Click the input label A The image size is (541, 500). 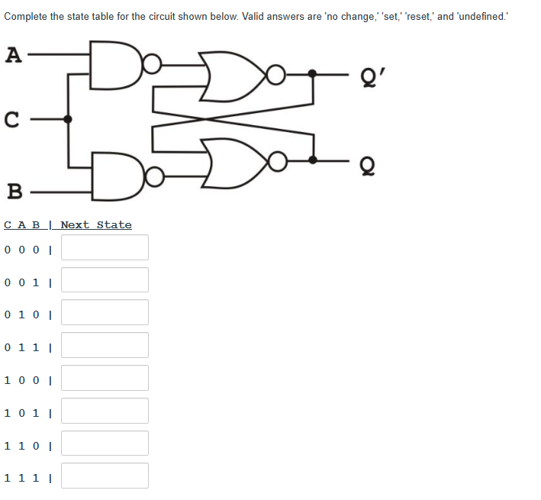point(11,55)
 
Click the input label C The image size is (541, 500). point(11,120)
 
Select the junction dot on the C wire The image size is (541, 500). point(68,119)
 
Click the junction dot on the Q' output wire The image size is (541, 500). point(313,74)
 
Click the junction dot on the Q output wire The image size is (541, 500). point(313,160)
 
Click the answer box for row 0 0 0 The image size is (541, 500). point(105,247)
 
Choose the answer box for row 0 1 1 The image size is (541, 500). point(105,345)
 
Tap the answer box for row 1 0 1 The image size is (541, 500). point(105,411)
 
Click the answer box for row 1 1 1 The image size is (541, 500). point(105,476)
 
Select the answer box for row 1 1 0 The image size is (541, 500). point(105,444)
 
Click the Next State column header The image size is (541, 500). point(96,224)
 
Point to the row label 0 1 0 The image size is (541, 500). point(22,314)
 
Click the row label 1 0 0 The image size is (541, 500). point(22,379)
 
